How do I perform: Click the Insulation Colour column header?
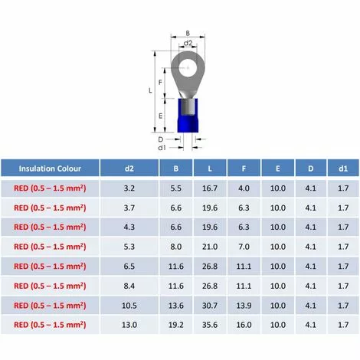click(50, 169)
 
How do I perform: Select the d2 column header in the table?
click(129, 169)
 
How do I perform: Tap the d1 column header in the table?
click(343, 169)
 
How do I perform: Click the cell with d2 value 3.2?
click(129, 188)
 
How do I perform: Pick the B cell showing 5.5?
click(176, 188)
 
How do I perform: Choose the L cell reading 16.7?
click(210, 188)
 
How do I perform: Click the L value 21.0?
click(210, 247)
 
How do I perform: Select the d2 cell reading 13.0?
click(129, 325)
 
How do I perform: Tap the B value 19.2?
click(176, 325)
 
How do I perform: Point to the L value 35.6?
click(210, 325)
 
